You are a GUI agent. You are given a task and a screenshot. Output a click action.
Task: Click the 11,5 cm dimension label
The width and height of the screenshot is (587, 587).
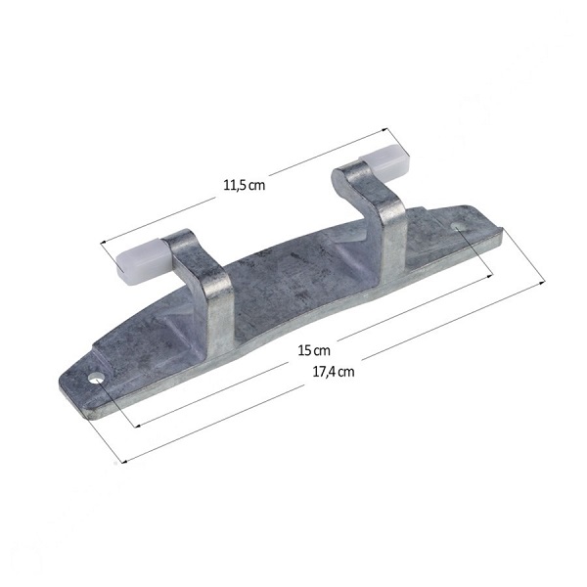(244, 185)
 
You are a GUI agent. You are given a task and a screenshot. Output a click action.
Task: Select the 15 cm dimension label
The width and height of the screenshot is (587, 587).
(314, 351)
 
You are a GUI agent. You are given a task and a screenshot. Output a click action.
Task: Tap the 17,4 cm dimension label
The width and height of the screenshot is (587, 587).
(334, 372)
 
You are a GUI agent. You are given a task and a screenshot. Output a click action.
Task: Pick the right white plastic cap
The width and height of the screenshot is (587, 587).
(384, 161)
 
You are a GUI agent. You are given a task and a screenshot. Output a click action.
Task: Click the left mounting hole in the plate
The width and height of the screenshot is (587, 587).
(96, 378)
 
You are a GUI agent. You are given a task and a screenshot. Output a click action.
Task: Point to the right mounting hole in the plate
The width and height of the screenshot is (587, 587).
(458, 227)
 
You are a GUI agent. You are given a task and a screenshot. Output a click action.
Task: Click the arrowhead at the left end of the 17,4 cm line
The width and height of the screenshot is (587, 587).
(125, 461)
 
